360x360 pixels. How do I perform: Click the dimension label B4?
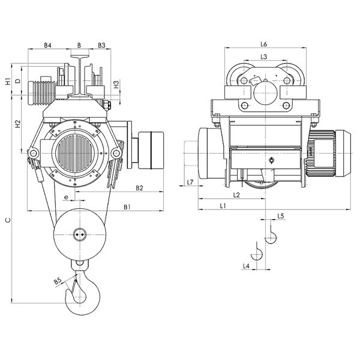tap(47, 45)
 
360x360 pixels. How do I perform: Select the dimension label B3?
tap(101, 45)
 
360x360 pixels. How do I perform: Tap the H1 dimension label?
tap(8, 82)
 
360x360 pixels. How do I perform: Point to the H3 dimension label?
tap(116, 85)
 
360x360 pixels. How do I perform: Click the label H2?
tap(17, 124)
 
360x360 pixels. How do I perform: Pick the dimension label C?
tap(8, 220)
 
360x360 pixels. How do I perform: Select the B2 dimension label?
tap(139, 188)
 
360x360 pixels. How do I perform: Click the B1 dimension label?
tap(127, 207)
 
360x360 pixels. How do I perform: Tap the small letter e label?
tap(66, 197)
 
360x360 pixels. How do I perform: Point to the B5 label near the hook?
tap(58, 281)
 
